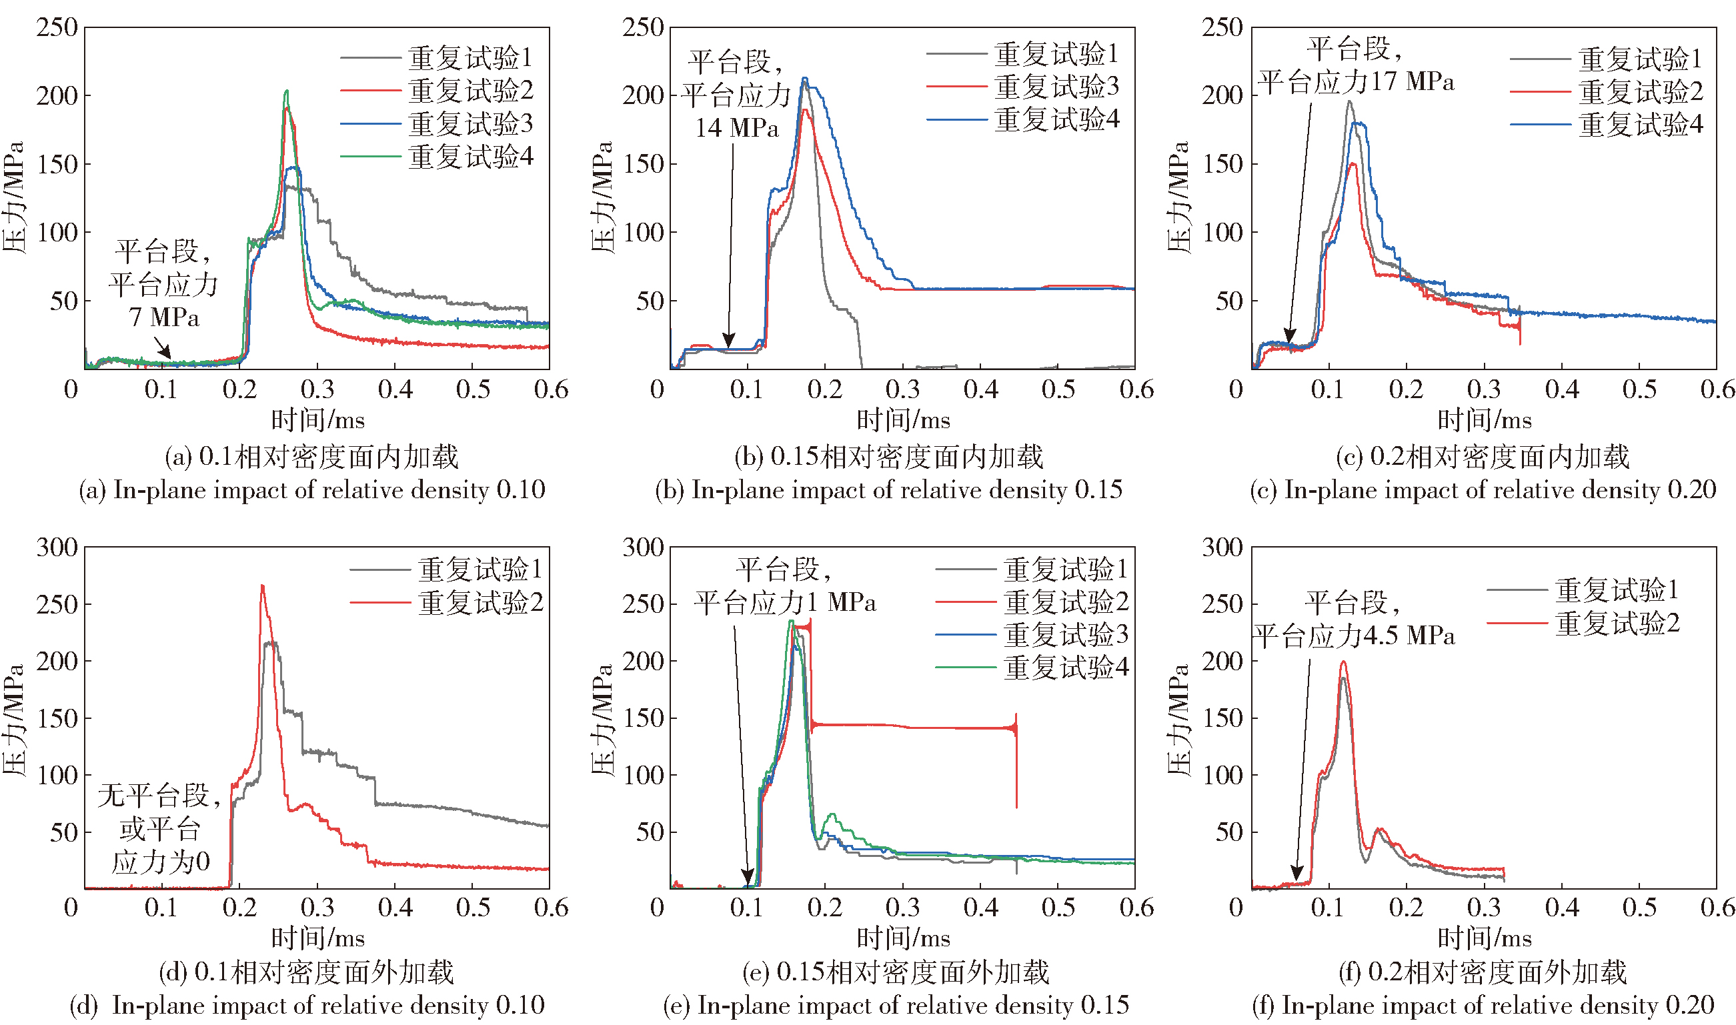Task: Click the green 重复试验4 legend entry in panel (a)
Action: (x=470, y=157)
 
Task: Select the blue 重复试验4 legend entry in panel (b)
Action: (x=1056, y=120)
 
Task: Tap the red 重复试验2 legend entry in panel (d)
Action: (x=480, y=603)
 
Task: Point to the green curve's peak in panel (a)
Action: (x=287, y=91)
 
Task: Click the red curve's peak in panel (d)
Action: (x=261, y=586)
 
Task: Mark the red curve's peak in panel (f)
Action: (x=1343, y=662)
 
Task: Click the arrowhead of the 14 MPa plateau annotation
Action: (x=728, y=343)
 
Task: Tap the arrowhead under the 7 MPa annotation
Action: (x=165, y=353)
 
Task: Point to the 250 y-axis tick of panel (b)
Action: (x=643, y=27)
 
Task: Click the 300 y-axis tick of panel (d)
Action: (x=57, y=548)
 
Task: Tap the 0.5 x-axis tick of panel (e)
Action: (x=1058, y=908)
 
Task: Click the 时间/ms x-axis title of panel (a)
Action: (x=317, y=420)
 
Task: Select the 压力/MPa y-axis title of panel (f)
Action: (x=1178, y=718)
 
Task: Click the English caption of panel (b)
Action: (x=889, y=489)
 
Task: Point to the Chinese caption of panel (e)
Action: (x=896, y=972)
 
